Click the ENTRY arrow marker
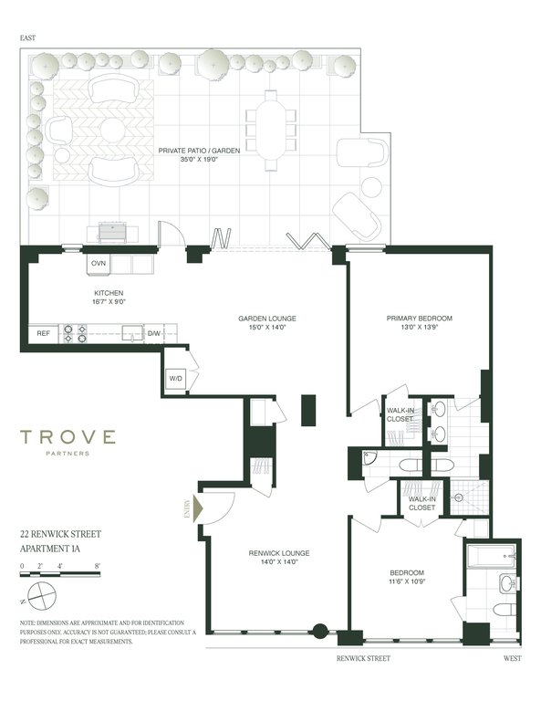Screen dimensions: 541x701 click(197, 508)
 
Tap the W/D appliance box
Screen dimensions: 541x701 click(175, 379)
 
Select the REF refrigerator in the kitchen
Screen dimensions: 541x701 click(43, 333)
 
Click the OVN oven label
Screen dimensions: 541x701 click(99, 263)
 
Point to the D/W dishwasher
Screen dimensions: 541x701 click(154, 333)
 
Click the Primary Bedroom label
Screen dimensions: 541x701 click(419, 319)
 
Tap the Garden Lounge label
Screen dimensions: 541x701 click(267, 319)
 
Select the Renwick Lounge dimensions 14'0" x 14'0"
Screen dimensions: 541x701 click(279, 562)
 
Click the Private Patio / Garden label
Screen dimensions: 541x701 click(199, 151)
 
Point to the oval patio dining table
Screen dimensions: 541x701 click(271, 131)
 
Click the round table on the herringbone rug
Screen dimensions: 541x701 click(112, 131)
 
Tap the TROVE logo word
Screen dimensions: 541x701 click(68, 437)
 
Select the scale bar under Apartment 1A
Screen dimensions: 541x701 click(60, 574)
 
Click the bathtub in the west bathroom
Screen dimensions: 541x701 click(491, 556)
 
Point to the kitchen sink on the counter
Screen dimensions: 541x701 click(132, 333)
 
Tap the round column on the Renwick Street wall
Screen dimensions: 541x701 click(320, 631)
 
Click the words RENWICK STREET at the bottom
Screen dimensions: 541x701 click(363, 658)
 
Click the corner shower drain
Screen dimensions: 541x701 click(458, 497)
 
